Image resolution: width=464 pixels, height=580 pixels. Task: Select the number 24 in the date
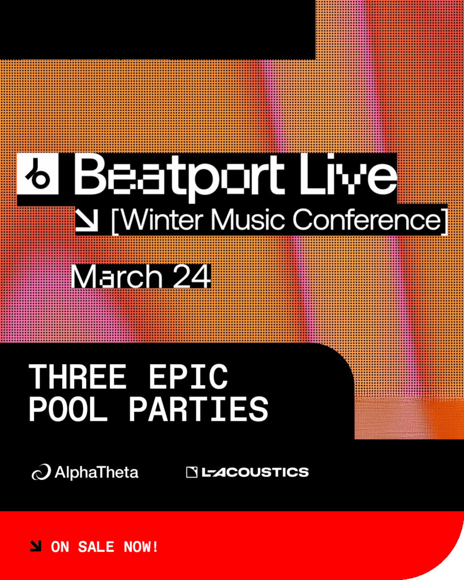[x=191, y=277]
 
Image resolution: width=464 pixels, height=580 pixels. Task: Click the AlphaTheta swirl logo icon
[x=41, y=472]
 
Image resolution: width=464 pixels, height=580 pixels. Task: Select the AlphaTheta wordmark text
[x=96, y=472]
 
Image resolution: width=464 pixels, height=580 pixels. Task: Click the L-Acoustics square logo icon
[x=191, y=472]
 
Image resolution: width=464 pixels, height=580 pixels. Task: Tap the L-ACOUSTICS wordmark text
[x=256, y=472]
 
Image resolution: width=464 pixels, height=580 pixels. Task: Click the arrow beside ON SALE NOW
[x=36, y=547]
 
